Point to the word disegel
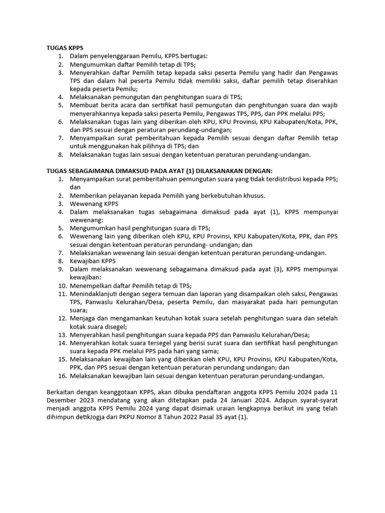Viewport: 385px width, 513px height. (x=115, y=327)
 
